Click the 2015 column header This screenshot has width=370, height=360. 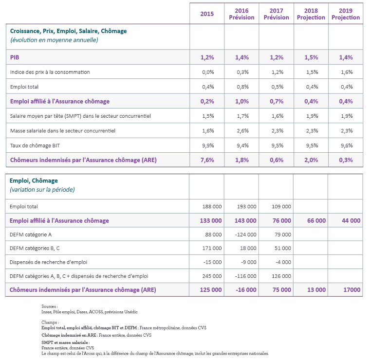[207, 14]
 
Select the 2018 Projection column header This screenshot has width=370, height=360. [311, 14]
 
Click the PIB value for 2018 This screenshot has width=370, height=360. [311, 57]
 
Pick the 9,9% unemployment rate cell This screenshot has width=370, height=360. [207, 145]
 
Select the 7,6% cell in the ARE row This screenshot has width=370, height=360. [207, 160]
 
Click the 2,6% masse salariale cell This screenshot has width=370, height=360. [242, 131]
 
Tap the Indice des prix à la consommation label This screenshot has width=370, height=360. [50, 72]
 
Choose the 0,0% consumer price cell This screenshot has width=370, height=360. [207, 72]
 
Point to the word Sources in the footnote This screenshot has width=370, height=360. [50, 307]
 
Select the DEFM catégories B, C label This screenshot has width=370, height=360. [35, 249]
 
